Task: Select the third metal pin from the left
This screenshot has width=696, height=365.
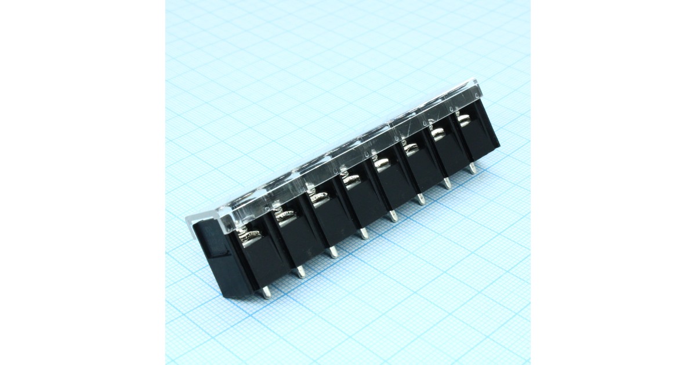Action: [x=332, y=252]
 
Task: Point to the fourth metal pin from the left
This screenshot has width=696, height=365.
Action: [x=363, y=233]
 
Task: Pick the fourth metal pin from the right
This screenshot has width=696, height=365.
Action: [x=393, y=216]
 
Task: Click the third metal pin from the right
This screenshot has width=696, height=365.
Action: [x=421, y=199]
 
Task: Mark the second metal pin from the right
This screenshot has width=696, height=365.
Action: [x=447, y=184]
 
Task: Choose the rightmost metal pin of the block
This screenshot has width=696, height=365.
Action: [x=473, y=168]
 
